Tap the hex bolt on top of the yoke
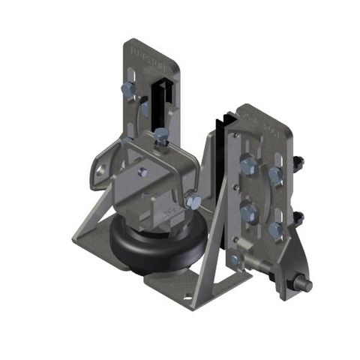click(x=160, y=136)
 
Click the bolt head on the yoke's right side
click(x=193, y=202)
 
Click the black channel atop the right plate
click(x=223, y=127)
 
